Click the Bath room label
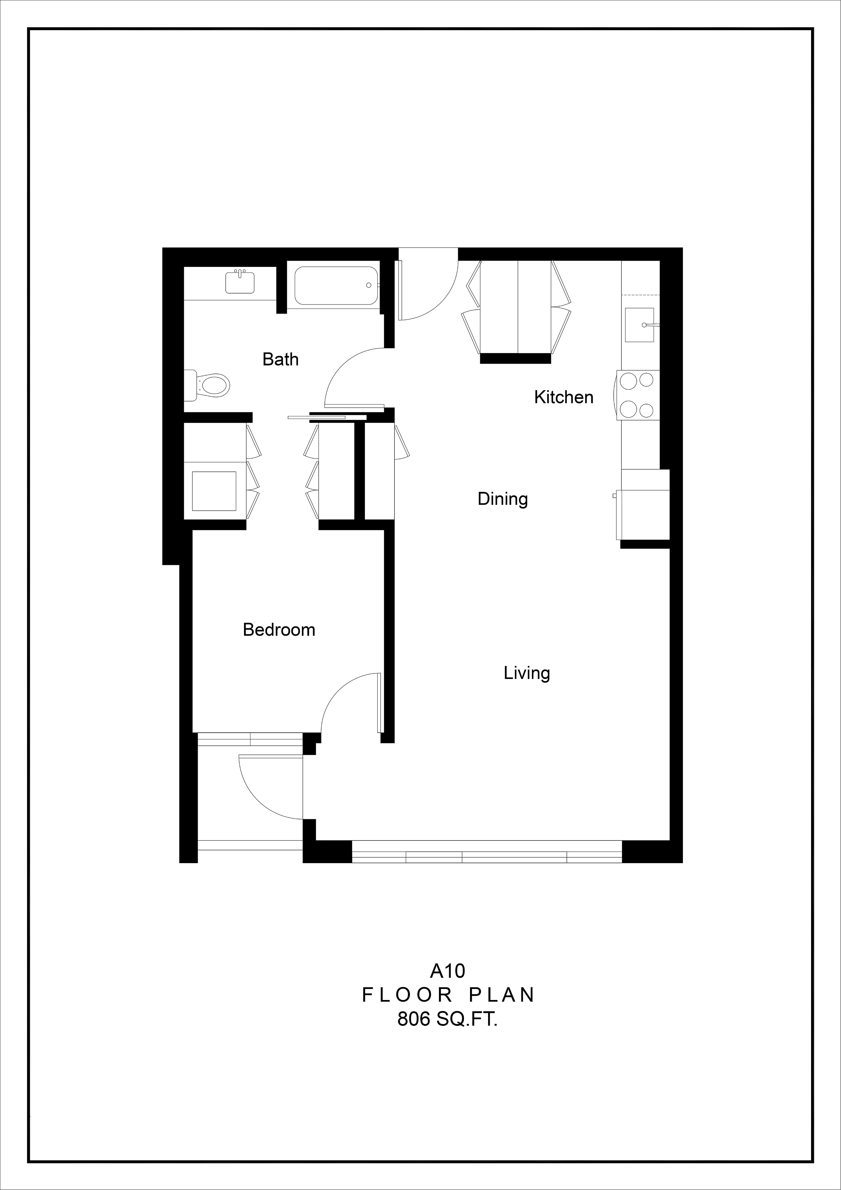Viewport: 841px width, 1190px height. (280, 359)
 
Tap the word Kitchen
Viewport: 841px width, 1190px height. (564, 397)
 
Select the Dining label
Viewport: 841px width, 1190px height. (503, 499)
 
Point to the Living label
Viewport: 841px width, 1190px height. (526, 673)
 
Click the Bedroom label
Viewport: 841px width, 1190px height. (279, 630)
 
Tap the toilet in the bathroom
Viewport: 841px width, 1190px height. (207, 385)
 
